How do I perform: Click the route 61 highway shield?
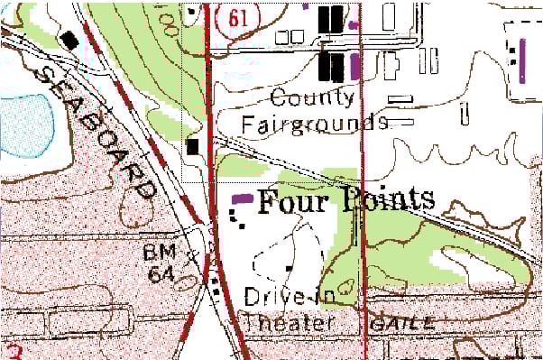(x=238, y=15)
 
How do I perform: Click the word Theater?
(x=289, y=322)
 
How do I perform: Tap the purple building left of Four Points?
(x=243, y=198)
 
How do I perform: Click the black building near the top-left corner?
(x=69, y=39)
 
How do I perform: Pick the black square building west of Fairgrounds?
(x=192, y=145)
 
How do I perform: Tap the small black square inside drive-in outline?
(x=289, y=267)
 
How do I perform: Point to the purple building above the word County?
(x=354, y=63)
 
